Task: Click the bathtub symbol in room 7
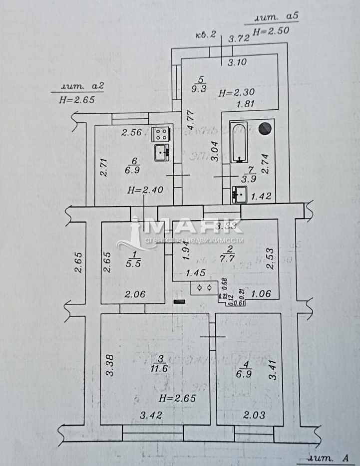click(x=239, y=143)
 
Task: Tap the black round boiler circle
click(x=265, y=128)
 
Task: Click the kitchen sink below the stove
click(x=162, y=152)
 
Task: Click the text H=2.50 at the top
click(x=270, y=31)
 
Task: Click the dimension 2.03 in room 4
click(x=254, y=415)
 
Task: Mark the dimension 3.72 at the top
click(x=238, y=38)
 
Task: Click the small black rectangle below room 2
click(x=179, y=301)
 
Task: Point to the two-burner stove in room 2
click(x=204, y=288)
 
